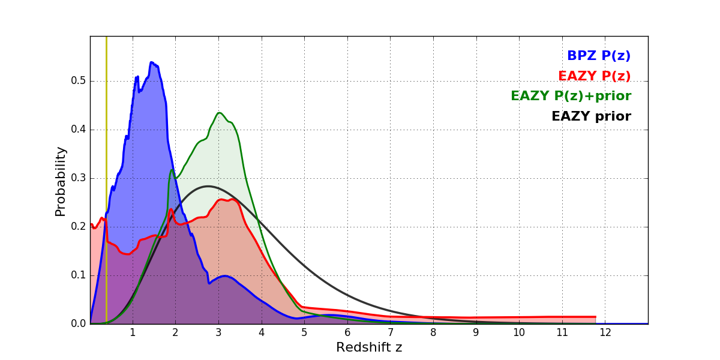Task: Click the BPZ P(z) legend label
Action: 598,56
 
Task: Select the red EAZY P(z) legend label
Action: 594,77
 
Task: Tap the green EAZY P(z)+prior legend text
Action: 571,97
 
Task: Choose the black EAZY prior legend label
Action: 591,117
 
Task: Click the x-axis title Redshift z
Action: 369,348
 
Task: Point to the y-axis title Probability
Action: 61,181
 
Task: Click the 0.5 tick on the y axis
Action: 79,81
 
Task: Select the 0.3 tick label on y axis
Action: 79,178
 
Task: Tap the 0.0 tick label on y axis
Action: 79,324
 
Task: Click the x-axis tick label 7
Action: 390,333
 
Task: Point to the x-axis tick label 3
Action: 218,333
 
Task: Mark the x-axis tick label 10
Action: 519,333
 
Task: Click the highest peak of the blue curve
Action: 151,62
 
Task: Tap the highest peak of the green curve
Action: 219,113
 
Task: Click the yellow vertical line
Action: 106,180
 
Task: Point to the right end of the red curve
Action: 595,317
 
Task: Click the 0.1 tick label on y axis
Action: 79,275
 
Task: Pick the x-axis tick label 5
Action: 304,333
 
